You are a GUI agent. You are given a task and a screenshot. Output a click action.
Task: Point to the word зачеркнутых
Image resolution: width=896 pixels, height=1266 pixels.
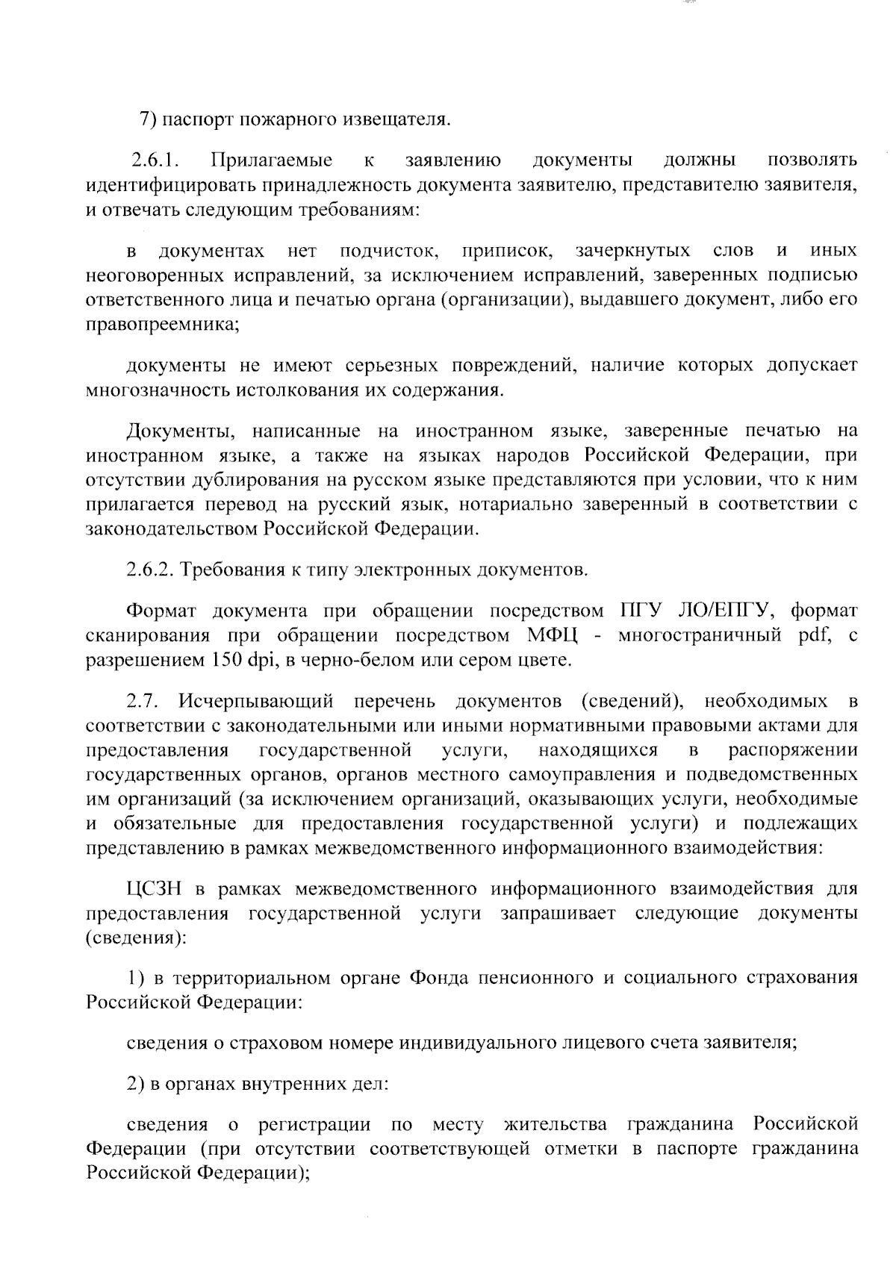633,250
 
